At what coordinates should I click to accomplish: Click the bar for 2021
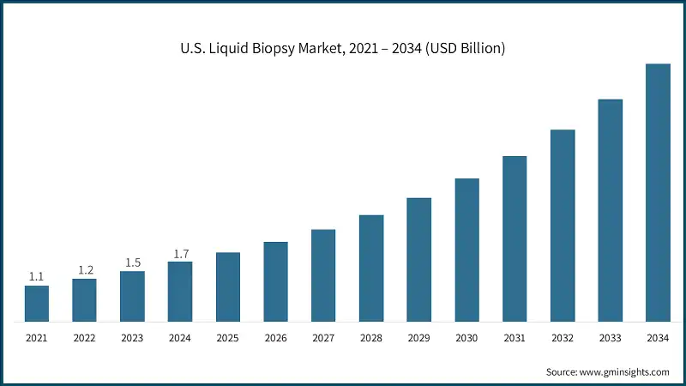(36, 304)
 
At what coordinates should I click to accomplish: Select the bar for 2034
(658, 193)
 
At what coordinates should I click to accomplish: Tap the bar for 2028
(370, 268)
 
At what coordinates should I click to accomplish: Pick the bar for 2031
(514, 239)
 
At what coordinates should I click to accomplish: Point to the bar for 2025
(227, 287)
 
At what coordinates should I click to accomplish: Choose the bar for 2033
(610, 211)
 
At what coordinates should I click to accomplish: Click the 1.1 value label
(36, 276)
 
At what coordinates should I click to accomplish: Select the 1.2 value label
(84, 269)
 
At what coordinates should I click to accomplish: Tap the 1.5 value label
(132, 262)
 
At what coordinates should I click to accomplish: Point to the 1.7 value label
(180, 253)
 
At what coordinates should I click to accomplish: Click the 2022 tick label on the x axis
(84, 339)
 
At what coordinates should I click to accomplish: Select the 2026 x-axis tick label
(275, 339)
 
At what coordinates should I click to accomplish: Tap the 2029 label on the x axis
(418, 339)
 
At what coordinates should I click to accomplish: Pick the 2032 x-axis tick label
(562, 339)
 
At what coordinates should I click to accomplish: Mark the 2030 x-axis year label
(466, 339)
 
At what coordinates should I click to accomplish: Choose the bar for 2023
(132, 297)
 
